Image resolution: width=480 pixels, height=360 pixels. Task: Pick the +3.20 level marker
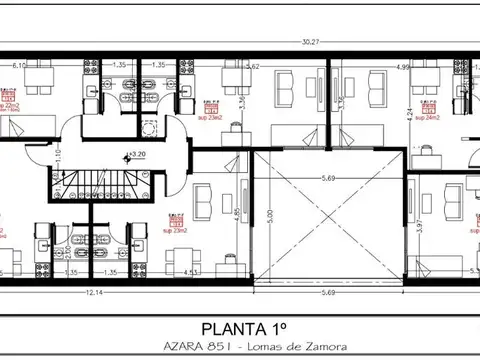137,155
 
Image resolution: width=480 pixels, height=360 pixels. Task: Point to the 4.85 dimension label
236,212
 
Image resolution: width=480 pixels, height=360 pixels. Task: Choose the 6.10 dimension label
18,64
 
